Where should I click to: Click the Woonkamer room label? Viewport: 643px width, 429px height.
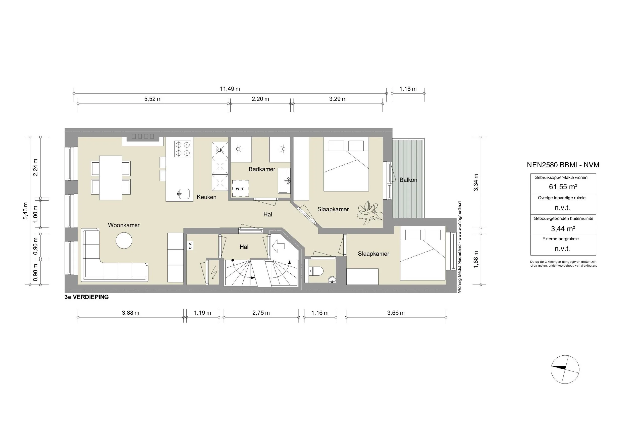point(124,225)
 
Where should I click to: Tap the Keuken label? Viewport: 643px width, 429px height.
point(206,197)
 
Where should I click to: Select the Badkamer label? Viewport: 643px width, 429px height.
point(262,169)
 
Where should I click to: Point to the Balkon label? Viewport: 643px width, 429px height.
point(408,180)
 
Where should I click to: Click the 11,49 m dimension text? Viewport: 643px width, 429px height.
point(230,89)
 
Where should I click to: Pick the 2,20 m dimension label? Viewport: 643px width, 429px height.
point(260,99)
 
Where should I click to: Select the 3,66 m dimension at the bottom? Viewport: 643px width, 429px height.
point(396,313)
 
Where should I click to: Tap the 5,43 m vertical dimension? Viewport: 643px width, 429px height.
point(25,211)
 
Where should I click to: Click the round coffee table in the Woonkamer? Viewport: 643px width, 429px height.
point(124,241)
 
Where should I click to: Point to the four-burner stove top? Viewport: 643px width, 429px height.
point(183,149)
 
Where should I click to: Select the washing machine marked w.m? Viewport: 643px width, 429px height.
point(240,188)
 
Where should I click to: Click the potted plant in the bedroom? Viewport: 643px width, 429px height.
point(369,213)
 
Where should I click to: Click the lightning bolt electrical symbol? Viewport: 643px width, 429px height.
point(214,273)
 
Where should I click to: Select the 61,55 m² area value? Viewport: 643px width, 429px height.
point(563,187)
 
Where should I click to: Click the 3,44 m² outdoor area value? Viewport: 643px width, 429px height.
point(563,229)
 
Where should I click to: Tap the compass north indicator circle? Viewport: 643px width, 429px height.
point(565,369)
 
